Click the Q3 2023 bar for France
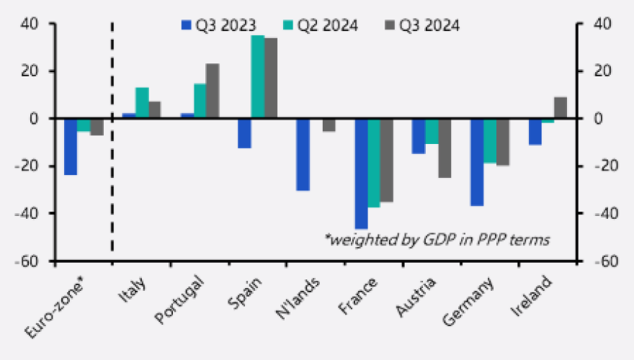click(x=361, y=174)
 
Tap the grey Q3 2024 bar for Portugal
click(x=213, y=91)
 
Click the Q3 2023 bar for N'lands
click(x=303, y=154)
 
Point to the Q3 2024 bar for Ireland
click(x=560, y=107)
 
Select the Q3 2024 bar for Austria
click(x=445, y=148)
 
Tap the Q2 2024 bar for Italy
click(x=142, y=103)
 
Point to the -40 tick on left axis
click(x=37, y=213)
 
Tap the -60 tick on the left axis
click(x=37, y=261)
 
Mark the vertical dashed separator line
click(x=112, y=137)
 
